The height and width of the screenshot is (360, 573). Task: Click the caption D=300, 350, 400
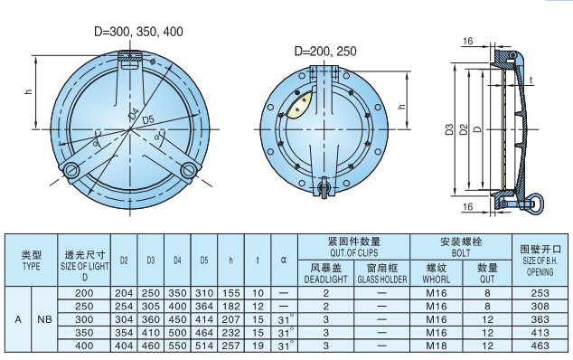coord(138,32)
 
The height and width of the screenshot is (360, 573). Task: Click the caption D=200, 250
coord(325,52)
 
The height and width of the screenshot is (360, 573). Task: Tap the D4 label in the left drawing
coord(134,113)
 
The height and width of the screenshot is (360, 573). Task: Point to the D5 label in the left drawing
coord(148,119)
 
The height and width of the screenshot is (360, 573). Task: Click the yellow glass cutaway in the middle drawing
coord(300,105)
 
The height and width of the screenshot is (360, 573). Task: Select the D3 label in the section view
coord(449,129)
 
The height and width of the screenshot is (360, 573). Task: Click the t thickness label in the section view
coord(531,80)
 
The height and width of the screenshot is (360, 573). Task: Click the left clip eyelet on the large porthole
coord(70,170)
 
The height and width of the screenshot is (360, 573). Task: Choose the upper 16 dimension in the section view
coord(468,41)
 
